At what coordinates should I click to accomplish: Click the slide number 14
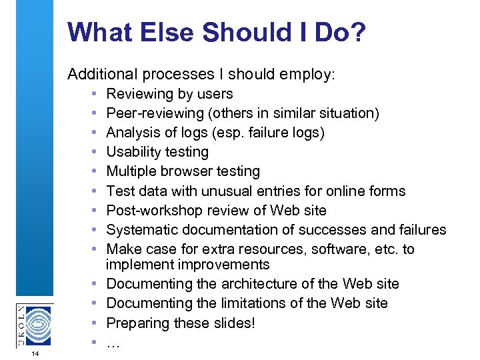point(35,353)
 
